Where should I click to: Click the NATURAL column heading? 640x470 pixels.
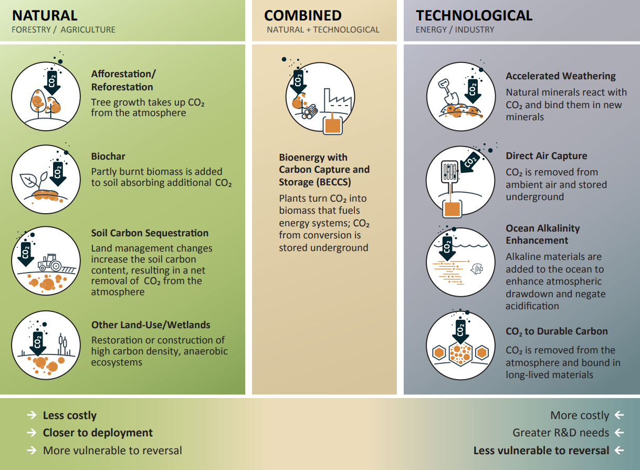point(45,15)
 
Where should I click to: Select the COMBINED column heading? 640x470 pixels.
point(303,15)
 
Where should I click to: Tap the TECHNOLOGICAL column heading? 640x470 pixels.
point(474,15)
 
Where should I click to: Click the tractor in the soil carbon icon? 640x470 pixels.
point(50,262)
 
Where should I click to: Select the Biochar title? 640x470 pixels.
point(108,156)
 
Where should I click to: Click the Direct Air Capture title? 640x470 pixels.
point(547,156)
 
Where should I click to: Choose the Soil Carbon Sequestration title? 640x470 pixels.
point(150,233)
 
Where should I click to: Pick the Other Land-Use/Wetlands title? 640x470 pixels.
point(151,325)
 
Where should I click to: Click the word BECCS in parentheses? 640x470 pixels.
point(332,182)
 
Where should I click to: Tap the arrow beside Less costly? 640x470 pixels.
point(32,415)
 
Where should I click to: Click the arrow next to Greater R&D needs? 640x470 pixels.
point(619,433)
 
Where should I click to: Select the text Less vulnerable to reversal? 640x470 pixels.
point(541,451)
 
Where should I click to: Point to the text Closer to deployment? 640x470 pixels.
point(98,433)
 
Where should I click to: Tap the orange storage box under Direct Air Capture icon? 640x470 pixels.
point(452,208)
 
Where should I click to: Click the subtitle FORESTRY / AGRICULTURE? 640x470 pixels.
point(64,30)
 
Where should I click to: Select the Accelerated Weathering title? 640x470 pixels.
point(561,76)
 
